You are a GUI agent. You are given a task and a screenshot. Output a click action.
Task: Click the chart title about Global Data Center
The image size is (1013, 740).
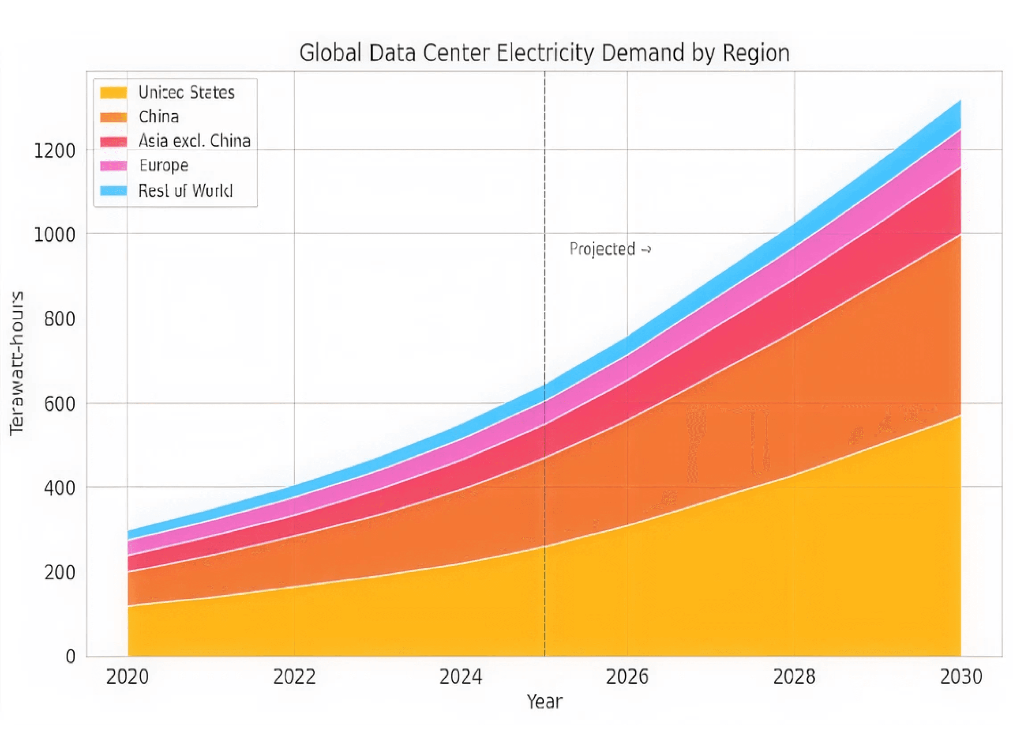544,53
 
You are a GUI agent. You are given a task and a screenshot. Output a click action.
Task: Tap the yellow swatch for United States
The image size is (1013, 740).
113,93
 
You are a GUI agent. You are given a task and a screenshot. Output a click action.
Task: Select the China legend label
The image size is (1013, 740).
159,117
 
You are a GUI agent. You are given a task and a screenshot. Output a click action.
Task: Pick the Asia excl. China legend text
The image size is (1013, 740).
194,141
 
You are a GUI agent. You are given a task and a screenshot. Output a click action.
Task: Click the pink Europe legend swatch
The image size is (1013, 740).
113,166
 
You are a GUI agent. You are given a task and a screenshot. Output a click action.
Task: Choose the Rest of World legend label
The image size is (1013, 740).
185,191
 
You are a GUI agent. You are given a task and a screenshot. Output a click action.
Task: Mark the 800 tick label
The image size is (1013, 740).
60,319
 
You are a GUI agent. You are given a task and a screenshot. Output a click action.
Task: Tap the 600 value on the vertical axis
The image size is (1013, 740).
60,404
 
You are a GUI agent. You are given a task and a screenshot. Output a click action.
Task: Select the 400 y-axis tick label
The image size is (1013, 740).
60,488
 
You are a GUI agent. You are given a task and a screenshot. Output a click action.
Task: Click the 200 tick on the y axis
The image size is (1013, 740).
60,573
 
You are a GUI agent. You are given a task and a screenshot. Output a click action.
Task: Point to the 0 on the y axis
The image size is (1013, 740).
70,657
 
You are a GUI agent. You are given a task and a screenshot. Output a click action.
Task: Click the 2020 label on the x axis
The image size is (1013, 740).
128,677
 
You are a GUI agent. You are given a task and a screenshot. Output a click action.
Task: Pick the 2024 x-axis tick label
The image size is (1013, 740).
461,677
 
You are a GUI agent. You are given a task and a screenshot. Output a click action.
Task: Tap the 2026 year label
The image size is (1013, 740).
627,677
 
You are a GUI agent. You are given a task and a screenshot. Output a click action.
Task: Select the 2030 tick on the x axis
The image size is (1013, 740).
960,677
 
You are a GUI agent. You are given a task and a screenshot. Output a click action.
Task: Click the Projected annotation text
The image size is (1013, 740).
610,249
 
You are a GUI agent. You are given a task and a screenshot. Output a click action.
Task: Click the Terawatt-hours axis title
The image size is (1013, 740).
17,363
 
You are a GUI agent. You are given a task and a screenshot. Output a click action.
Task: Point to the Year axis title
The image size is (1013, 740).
544,702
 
